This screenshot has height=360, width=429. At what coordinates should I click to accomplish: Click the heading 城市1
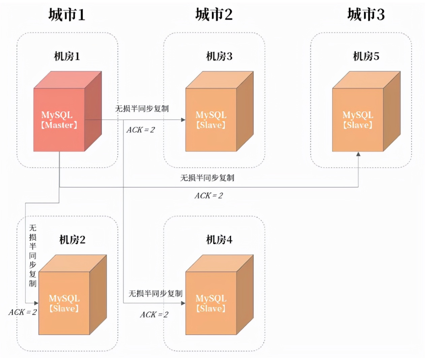[67, 14]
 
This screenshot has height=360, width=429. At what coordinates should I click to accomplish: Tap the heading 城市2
[214, 14]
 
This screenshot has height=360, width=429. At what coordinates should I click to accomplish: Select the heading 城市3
[366, 14]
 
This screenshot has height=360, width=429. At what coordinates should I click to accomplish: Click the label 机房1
[67, 56]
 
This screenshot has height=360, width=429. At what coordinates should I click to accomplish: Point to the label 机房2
[72, 240]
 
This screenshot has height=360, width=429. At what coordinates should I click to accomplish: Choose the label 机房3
[219, 56]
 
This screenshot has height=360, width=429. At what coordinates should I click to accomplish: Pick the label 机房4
[219, 240]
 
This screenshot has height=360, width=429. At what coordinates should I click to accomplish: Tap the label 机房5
[366, 56]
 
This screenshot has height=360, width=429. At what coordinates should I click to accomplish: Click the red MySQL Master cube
[67, 111]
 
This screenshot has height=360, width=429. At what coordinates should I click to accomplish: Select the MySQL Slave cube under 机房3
[219, 111]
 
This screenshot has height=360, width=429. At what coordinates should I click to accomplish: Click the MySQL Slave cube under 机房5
[366, 111]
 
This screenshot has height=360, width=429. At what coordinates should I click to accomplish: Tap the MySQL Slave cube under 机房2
[72, 295]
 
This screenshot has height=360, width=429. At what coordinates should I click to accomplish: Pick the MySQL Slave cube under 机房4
[219, 295]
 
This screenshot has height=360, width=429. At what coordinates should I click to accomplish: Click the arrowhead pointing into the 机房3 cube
[183, 120]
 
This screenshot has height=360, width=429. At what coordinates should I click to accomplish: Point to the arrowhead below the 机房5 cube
[358, 154]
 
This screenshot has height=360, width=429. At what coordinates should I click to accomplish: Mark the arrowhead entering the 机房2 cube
[36, 303]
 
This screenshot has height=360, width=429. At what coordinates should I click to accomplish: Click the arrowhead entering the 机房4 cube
[183, 303]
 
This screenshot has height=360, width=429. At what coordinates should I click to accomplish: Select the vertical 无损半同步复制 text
[33, 255]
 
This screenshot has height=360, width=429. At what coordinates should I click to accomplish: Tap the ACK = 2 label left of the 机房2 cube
[23, 312]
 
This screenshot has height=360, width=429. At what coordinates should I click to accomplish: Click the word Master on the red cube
[59, 125]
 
